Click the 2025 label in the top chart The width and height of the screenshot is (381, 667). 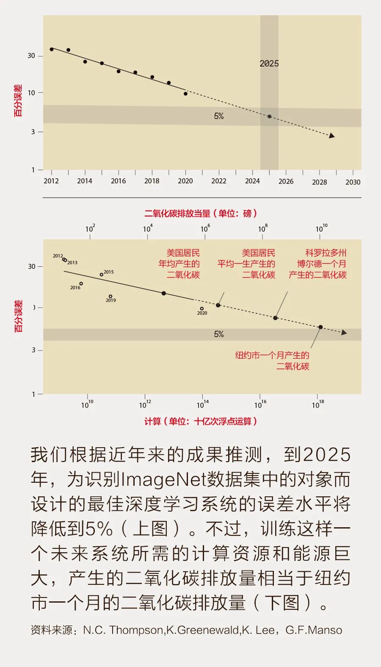pos(269,64)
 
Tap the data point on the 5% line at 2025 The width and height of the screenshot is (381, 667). pos(269,116)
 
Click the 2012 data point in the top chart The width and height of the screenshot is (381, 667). pos(52,49)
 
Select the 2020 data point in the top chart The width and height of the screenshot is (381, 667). pos(185,94)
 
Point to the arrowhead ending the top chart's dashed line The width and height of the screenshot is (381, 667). pos(332,136)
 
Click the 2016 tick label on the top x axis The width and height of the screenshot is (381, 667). pos(118,181)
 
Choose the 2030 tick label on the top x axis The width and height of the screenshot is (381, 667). pos(353,182)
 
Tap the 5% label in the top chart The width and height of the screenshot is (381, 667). pos(219,116)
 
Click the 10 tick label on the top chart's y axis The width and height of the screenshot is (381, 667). pos(31,93)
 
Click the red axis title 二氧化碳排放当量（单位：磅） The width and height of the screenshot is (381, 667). pos(201,213)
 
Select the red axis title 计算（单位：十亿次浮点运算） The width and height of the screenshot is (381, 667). pos(201,421)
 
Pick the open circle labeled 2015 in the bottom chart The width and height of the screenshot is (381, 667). pos(102,274)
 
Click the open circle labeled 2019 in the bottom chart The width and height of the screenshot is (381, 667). pos(110,296)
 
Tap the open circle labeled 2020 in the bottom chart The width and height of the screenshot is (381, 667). pos(202,309)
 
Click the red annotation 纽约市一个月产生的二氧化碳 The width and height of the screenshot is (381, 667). pos(272,360)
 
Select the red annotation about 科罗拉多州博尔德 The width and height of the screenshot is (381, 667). pos(318,264)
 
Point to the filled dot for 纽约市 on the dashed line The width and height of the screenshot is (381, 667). pos(320,327)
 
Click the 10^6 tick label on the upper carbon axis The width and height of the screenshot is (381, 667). pos(205,229)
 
